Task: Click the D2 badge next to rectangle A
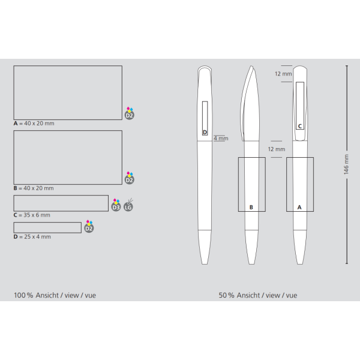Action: (130, 113)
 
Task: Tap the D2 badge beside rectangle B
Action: (130, 178)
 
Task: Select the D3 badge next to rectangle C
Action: (116, 205)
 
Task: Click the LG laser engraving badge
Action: (128, 205)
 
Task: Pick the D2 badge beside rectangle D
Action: (89, 226)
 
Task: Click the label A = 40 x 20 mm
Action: (34, 124)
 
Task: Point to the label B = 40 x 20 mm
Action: (34, 188)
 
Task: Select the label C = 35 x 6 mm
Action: (32, 215)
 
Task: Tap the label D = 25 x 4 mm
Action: (32, 237)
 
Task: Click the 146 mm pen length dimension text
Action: (346, 164)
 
